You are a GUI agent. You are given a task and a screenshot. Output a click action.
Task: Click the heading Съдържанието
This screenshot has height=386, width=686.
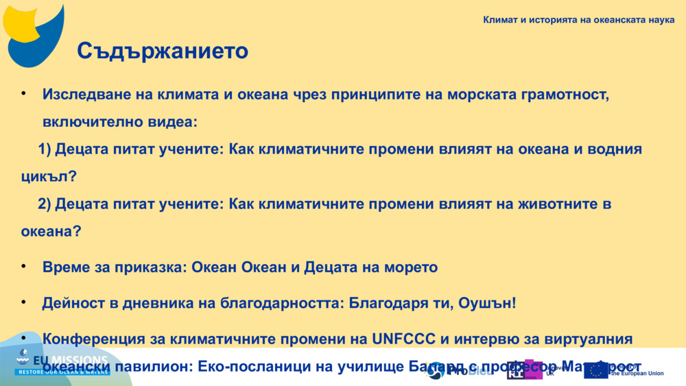tap(162, 51)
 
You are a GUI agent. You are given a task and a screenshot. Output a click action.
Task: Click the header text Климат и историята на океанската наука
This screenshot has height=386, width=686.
tap(578, 20)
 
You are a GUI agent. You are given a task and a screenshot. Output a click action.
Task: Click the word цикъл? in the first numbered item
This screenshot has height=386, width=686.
tap(49, 176)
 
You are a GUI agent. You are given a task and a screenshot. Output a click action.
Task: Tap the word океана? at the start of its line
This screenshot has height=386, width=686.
tap(51, 232)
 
